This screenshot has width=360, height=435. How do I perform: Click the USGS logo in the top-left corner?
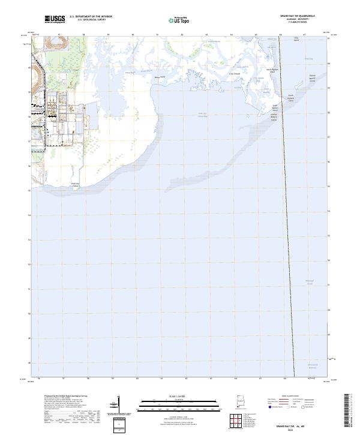tap(55, 19)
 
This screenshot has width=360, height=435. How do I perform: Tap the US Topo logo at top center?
tap(180, 20)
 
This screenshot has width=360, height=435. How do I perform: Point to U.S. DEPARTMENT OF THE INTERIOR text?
tap(91, 17)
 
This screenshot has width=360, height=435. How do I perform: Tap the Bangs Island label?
tap(159, 77)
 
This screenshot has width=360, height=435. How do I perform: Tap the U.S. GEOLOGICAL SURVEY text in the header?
tap(91, 20)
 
